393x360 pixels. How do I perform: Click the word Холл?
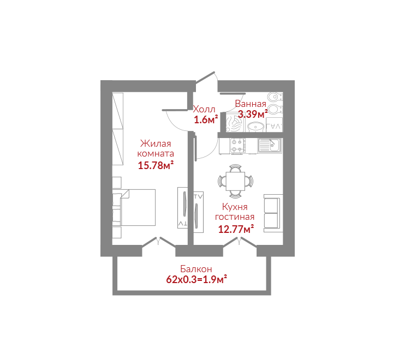pyautogui.click(x=204, y=109)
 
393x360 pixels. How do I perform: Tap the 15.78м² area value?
pyautogui.click(x=156, y=165)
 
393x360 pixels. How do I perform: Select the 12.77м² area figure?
pyautogui.click(x=236, y=229)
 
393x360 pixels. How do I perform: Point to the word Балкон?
pyautogui.click(x=196, y=269)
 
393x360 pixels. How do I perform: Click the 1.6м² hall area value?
pyautogui.click(x=206, y=120)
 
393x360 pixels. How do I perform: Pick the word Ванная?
pyautogui.click(x=251, y=104)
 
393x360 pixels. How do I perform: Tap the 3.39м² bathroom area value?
pyautogui.click(x=253, y=114)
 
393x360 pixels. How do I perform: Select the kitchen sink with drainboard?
pyautogui.click(x=270, y=146)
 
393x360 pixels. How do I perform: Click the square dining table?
pyautogui.click(x=235, y=181)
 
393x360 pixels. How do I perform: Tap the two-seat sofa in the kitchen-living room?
pyautogui.click(x=273, y=213)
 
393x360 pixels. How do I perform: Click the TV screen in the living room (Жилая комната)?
pyautogui.click(x=184, y=204)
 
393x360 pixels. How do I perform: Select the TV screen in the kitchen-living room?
pyautogui.click(x=196, y=216)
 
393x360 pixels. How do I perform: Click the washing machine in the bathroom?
pyautogui.click(x=235, y=123)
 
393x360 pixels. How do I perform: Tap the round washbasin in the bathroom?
pyautogui.click(x=255, y=127)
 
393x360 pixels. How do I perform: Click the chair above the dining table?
pyautogui.click(x=235, y=168)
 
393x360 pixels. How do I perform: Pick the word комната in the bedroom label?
pyautogui.click(x=156, y=154)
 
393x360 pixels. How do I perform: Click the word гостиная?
pyautogui.click(x=235, y=217)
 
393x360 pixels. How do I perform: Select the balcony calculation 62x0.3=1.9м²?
pyautogui.click(x=196, y=279)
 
